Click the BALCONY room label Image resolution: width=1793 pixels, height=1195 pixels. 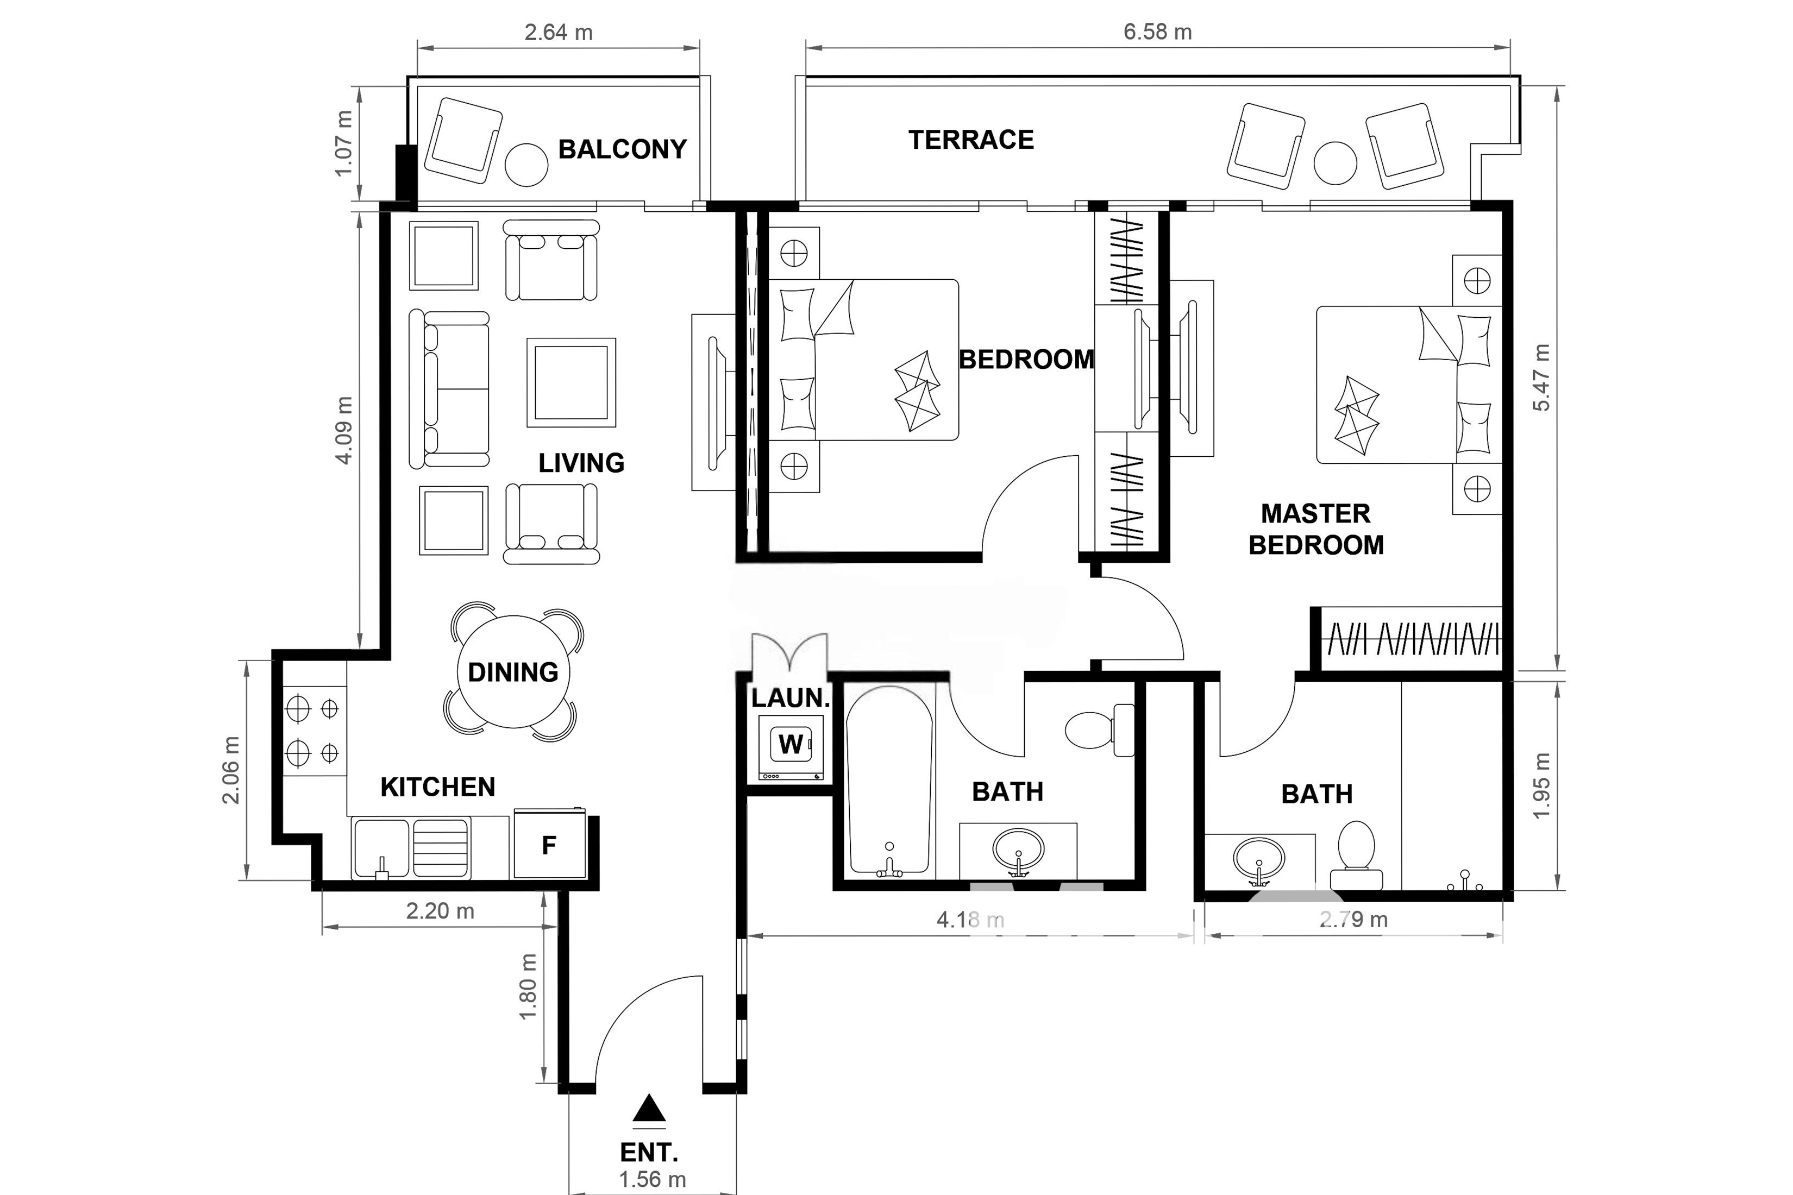(622, 149)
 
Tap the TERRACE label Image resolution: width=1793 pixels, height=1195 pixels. (971, 140)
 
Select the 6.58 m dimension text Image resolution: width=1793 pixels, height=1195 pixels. (1157, 32)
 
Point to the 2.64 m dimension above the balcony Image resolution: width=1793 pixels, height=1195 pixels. (558, 32)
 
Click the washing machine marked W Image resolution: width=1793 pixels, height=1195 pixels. (791, 747)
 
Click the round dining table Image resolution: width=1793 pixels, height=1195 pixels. (513, 671)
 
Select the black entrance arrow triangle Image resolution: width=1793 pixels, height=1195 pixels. (649, 1108)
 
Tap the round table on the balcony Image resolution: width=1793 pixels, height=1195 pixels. (526, 165)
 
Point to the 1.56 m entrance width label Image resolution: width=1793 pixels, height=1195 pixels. (653, 1180)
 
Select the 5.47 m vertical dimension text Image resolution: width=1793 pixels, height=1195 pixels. (1541, 378)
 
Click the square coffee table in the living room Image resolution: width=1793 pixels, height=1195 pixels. (571, 382)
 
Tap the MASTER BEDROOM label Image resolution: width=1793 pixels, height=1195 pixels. (1316, 529)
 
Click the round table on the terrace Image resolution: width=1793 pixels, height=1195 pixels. (1336, 163)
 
